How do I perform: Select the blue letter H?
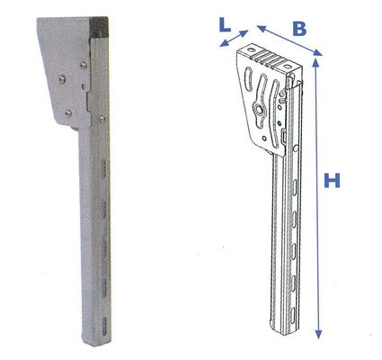pyautogui.click(x=332, y=182)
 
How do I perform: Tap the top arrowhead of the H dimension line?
pyautogui.click(x=318, y=61)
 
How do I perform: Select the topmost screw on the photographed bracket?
pyautogui.click(x=84, y=63)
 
